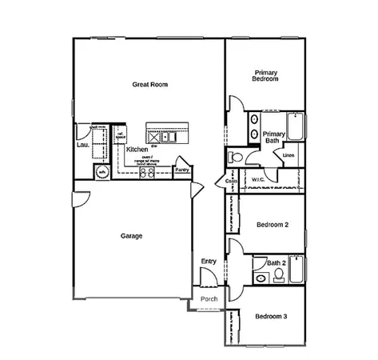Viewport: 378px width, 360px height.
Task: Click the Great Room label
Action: pyautogui.click(x=149, y=84)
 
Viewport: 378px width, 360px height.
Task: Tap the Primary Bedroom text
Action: pyautogui.click(x=265, y=75)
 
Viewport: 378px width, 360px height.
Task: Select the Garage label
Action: pyautogui.click(x=131, y=236)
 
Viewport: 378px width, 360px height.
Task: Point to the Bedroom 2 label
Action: pyautogui.click(x=272, y=225)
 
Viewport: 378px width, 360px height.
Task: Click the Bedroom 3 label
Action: pyautogui.click(x=271, y=317)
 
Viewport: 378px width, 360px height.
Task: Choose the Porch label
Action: pyautogui.click(x=209, y=299)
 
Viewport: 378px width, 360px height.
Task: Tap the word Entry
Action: pyautogui.click(x=209, y=262)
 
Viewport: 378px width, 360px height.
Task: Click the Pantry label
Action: pyautogui.click(x=182, y=170)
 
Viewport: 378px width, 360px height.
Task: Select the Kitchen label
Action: pyautogui.click(x=137, y=150)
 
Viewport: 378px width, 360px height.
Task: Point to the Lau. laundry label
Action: pyautogui.click(x=82, y=145)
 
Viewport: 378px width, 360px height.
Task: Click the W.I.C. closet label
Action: pyautogui.click(x=258, y=179)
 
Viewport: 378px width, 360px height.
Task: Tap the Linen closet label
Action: pyautogui.click(x=289, y=154)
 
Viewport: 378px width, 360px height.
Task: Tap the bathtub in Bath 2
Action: pyautogui.click(x=296, y=272)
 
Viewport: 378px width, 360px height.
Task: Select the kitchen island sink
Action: pyautogui.click(x=155, y=133)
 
